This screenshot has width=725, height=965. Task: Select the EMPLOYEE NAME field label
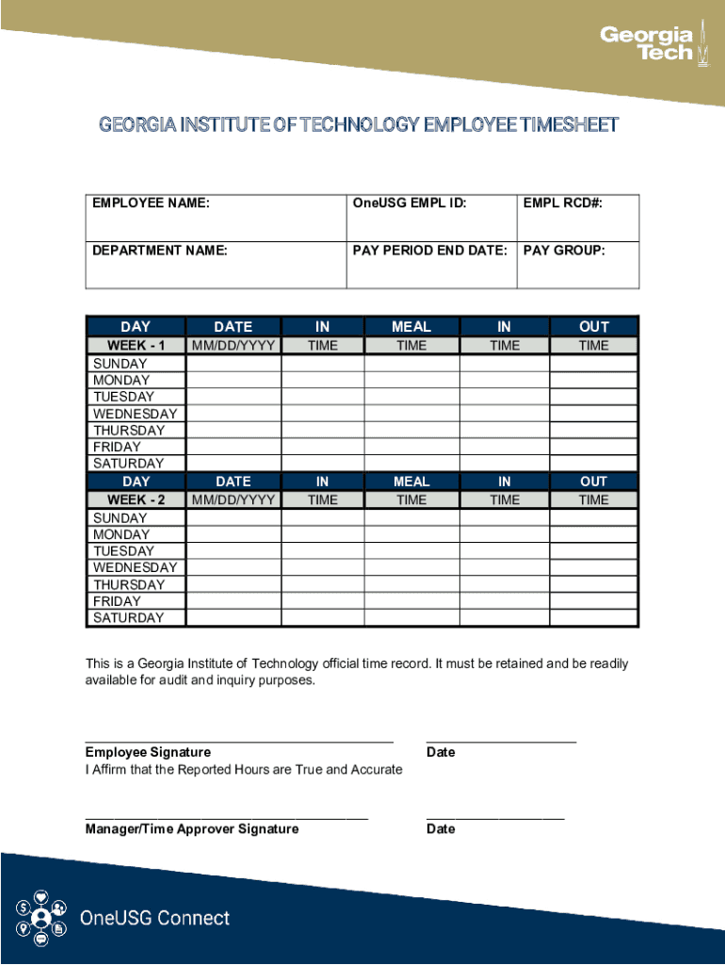(151, 203)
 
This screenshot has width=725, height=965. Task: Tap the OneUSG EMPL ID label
(410, 203)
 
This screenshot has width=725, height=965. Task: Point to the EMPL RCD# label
(562, 203)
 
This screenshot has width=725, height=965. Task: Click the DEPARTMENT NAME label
(160, 251)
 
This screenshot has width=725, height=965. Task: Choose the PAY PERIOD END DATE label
(430, 251)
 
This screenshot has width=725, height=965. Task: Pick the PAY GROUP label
(564, 251)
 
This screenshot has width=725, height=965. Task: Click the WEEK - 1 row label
(137, 346)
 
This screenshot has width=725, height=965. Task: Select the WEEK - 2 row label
(137, 500)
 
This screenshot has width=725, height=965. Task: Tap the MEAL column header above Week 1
(411, 327)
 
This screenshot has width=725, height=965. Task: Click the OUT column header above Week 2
(594, 482)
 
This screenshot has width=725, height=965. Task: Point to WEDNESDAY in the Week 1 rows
(135, 414)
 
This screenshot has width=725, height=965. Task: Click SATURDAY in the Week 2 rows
(128, 618)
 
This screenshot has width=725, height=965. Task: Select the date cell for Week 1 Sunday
(234, 364)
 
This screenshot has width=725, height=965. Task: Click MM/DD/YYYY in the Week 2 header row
(234, 500)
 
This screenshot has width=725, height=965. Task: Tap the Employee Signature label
(148, 752)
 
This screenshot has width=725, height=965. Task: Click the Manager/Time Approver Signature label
(192, 829)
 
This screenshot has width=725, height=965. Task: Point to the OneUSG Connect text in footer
(154, 918)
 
